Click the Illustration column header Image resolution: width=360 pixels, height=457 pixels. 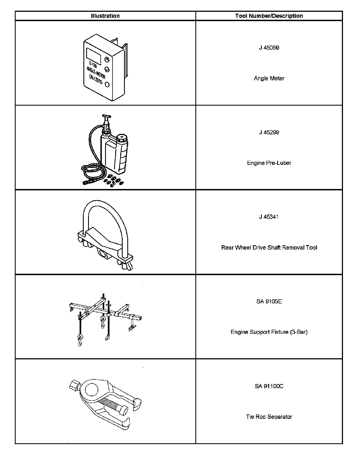coord(105,16)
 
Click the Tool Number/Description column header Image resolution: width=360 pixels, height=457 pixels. coord(269,16)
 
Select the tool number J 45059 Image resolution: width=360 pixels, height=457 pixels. coord(269,48)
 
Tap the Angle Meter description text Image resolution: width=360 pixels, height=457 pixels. coord(269,78)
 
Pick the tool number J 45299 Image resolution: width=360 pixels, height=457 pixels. coord(269,132)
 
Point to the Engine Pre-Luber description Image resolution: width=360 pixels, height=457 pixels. coord(269,163)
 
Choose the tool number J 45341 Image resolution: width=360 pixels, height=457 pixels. coord(269,217)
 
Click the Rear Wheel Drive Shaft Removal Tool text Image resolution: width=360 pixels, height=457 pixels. coord(269,248)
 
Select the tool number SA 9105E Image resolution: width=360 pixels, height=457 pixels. coord(269,302)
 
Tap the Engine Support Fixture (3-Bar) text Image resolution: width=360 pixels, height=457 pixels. coord(269,332)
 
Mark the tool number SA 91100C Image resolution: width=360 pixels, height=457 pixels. coord(269,386)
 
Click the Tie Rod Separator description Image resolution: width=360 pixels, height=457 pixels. coord(269,417)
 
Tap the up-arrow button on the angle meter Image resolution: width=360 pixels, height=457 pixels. coord(107,60)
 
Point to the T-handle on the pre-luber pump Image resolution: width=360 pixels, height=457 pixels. coord(106,117)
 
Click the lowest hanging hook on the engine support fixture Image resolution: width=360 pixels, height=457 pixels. coord(80,342)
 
